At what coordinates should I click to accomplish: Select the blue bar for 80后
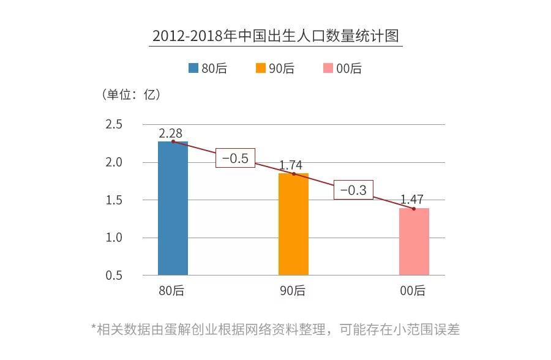[x=173, y=208]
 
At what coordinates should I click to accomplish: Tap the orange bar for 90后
[x=293, y=224]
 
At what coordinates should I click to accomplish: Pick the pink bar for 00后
[x=414, y=242]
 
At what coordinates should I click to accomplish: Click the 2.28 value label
[x=170, y=133]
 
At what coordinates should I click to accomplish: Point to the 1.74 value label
[x=291, y=165]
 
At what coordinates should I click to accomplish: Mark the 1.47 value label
[x=412, y=200]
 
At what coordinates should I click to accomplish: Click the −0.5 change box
[x=234, y=158]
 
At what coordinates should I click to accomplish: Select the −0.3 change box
[x=353, y=190]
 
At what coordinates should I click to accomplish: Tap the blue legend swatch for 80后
[x=193, y=69]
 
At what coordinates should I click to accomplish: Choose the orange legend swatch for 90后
[x=261, y=69]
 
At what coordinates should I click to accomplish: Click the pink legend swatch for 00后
[x=328, y=69]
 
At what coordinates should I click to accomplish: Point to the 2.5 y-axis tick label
[x=114, y=124]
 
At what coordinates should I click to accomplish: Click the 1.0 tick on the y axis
[x=114, y=238]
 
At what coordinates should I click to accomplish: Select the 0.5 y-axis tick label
[x=114, y=276]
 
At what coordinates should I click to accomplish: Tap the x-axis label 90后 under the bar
[x=293, y=291]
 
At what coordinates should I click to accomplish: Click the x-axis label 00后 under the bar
[x=413, y=291]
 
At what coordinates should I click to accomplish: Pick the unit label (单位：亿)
[x=130, y=95]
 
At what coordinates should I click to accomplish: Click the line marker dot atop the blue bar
[x=173, y=141]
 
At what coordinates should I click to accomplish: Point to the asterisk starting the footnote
[x=94, y=328]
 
